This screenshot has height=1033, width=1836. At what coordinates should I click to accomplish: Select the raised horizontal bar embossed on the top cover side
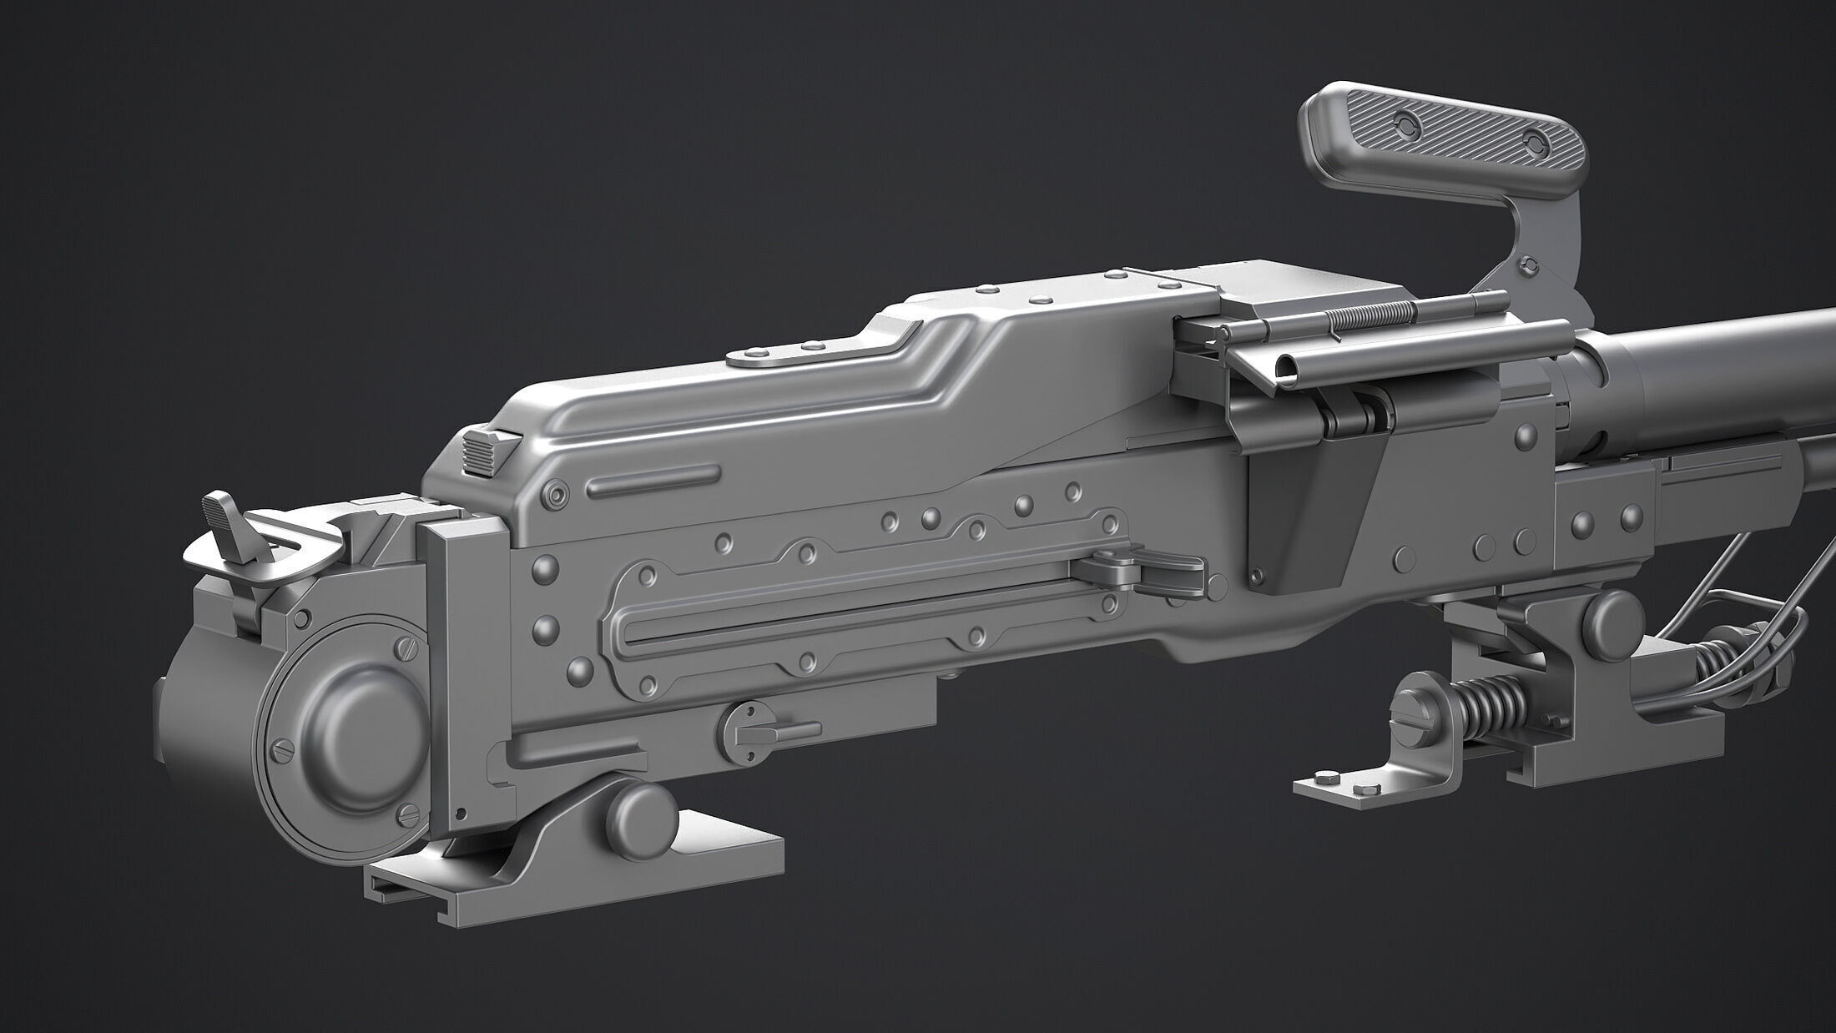coord(653,480)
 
